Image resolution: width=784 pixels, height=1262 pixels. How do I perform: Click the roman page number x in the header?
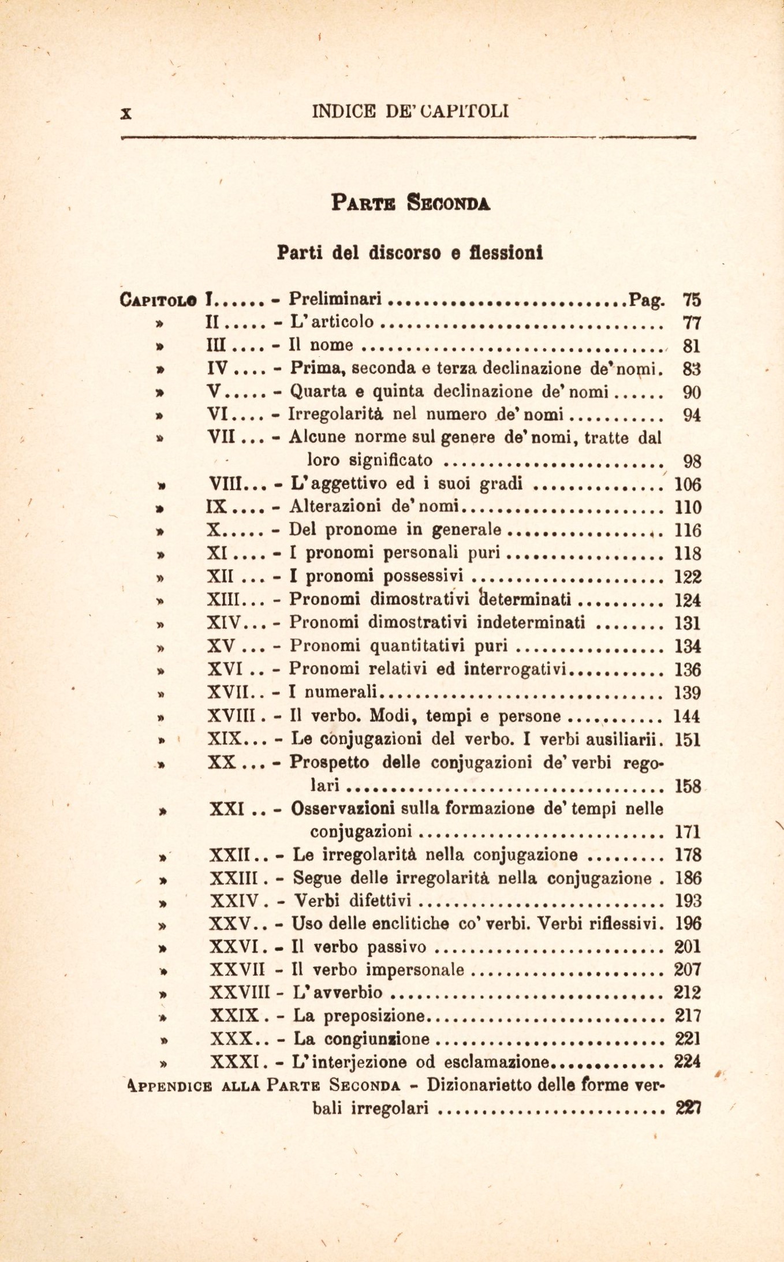coord(126,113)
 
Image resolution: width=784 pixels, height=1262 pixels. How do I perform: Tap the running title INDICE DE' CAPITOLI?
coord(410,110)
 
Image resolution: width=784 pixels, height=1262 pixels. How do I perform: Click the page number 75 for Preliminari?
coord(691,300)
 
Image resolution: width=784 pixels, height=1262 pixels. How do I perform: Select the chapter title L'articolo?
coord(331,322)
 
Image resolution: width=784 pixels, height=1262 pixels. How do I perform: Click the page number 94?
coord(691,415)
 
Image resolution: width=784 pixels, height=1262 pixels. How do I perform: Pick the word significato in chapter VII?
coord(369,460)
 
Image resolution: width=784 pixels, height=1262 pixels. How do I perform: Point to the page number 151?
coord(687,739)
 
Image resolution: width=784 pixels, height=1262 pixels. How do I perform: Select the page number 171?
coord(687,832)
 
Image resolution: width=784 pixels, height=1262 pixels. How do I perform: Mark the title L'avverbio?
coord(337,992)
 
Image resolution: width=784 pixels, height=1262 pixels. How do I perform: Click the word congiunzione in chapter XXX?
coord(378,1039)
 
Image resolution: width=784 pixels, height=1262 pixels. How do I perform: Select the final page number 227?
coord(687,1108)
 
